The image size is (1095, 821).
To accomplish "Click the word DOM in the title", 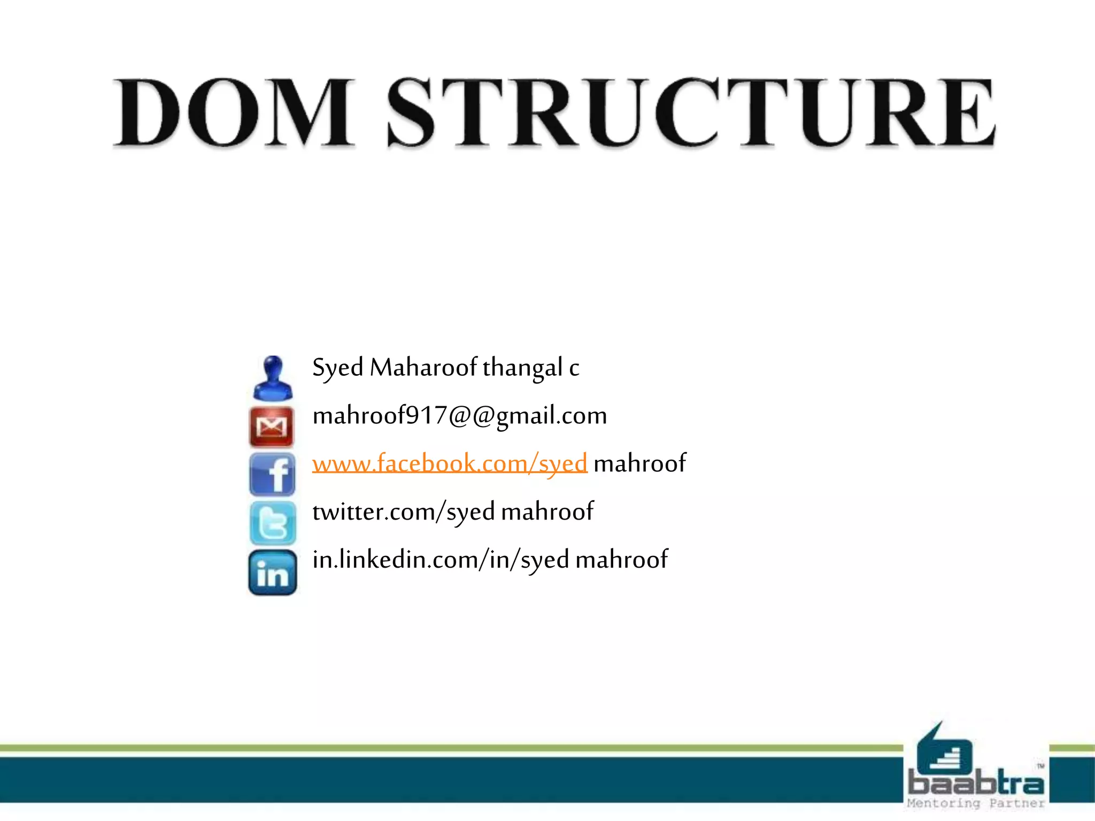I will (x=234, y=113).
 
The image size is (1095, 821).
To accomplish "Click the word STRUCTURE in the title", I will (x=691, y=113).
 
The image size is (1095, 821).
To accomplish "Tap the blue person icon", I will (x=273, y=378).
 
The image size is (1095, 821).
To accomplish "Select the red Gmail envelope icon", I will (x=272, y=427).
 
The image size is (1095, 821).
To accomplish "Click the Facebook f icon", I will (x=272, y=475).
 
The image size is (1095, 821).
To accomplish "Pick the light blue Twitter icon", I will (x=273, y=523).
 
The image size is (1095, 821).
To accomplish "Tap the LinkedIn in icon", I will (x=273, y=572).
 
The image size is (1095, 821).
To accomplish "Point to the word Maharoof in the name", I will (x=423, y=368).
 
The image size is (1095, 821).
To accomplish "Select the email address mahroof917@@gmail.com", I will (x=459, y=416).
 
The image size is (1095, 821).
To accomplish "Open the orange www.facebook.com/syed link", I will (x=450, y=463).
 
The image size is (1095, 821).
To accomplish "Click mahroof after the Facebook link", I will (x=639, y=463).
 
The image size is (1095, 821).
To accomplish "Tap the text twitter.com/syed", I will (x=404, y=512).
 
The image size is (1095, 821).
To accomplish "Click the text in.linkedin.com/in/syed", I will (x=441, y=560).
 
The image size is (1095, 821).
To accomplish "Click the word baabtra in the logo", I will (x=976, y=784).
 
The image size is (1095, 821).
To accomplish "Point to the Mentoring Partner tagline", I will (x=976, y=803).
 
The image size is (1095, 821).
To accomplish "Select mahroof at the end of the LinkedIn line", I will (x=621, y=560).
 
